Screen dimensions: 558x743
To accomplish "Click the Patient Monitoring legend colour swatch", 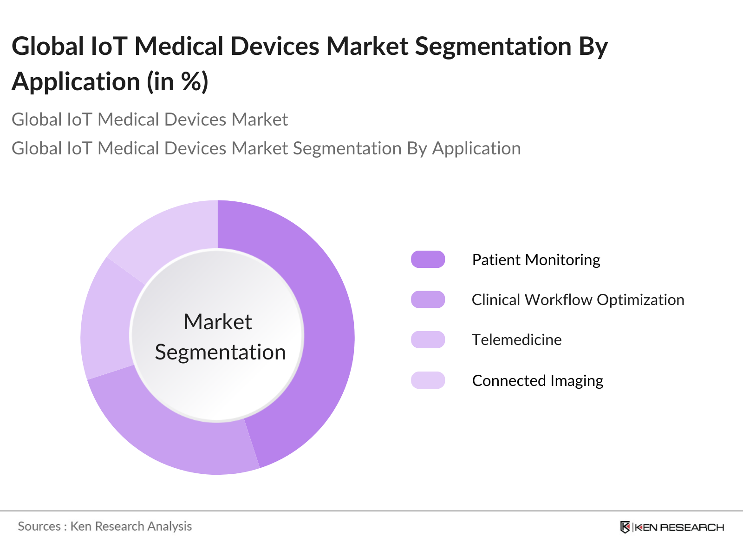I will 428,259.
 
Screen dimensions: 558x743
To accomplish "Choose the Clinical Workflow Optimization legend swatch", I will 428,299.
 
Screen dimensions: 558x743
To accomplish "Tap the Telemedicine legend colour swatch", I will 428,340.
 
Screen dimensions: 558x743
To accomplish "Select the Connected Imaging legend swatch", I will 428,380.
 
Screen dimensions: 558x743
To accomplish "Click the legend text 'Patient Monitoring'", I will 536,259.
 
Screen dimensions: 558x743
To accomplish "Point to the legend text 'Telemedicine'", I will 516,340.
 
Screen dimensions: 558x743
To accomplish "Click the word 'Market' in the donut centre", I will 218,322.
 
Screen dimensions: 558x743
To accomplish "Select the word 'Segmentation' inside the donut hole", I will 220,352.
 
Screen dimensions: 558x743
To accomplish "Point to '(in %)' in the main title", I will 178,82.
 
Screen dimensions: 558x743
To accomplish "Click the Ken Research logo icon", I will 625,527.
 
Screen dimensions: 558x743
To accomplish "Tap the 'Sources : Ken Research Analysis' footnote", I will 105,526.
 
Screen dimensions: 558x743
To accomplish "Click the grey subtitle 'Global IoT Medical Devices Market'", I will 150,120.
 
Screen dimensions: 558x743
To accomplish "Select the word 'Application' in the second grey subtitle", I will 476,149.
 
